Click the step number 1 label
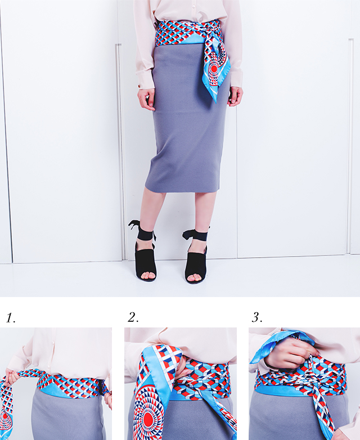pyautogui.click(x=11, y=318)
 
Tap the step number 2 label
pyautogui.click(x=133, y=317)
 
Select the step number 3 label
pyautogui.click(x=257, y=317)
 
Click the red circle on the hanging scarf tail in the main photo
pyautogui.click(x=214, y=69)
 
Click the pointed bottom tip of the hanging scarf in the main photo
pyautogui.click(x=216, y=102)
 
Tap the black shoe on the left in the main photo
pyautogui.click(x=145, y=262)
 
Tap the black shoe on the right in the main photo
pyautogui.click(x=196, y=264)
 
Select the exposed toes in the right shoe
pyautogui.click(x=195, y=278)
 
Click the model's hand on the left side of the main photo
pyautogui.click(x=146, y=99)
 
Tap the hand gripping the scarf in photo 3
pyautogui.click(x=288, y=353)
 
